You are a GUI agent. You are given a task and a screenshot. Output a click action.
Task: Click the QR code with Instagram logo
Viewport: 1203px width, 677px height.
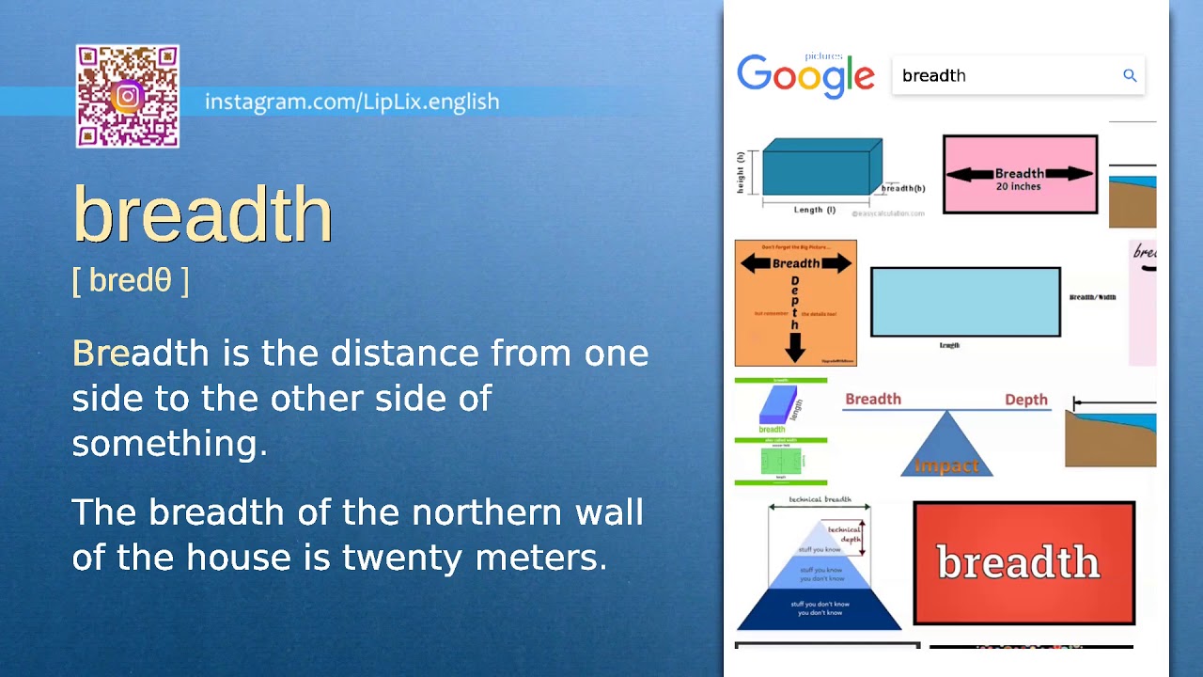[x=128, y=97]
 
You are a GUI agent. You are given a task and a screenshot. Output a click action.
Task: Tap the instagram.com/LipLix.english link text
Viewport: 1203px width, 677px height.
[x=352, y=102]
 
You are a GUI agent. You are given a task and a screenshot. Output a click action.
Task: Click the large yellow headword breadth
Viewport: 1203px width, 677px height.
[x=203, y=214]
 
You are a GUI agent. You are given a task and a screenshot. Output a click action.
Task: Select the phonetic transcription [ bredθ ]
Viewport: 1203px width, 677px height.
[x=131, y=280]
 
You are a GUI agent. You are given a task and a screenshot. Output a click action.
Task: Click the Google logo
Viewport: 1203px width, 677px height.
[x=805, y=75]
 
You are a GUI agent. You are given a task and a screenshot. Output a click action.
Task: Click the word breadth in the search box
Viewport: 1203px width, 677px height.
[x=933, y=76]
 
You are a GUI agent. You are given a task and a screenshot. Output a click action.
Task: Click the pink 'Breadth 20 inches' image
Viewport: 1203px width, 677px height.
[x=1020, y=175]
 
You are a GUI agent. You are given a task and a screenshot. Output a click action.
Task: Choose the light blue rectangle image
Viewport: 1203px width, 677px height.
[x=965, y=302]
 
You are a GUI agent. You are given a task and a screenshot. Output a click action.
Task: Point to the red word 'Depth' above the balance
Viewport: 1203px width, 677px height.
[x=1025, y=400]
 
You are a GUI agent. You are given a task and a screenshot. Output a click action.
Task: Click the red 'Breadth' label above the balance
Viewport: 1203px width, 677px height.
[x=872, y=399]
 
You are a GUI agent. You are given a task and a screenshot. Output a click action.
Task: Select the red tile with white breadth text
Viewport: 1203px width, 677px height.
[x=1023, y=562]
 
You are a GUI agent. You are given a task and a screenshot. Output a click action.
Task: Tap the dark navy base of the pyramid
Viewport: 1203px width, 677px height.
[x=820, y=609]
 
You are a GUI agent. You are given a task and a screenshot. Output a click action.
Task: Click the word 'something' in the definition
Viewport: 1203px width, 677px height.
[x=169, y=443]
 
